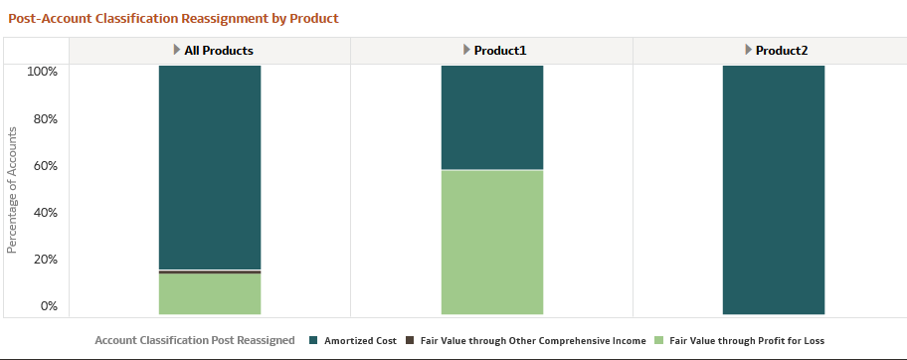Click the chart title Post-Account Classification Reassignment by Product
pos(173,18)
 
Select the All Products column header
pos(219,50)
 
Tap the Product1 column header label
pos(499,50)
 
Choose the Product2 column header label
pos(781,50)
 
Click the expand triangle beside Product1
pos(466,50)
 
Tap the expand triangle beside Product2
pos(748,50)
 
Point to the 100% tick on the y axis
pos(42,72)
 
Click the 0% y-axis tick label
pos(48,305)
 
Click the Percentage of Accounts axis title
pos(12,189)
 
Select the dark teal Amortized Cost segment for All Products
pos(210,167)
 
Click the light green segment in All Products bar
pos(210,293)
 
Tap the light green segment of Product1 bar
pos(492,242)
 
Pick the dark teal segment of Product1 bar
pos(492,117)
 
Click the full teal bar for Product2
pos(774,190)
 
